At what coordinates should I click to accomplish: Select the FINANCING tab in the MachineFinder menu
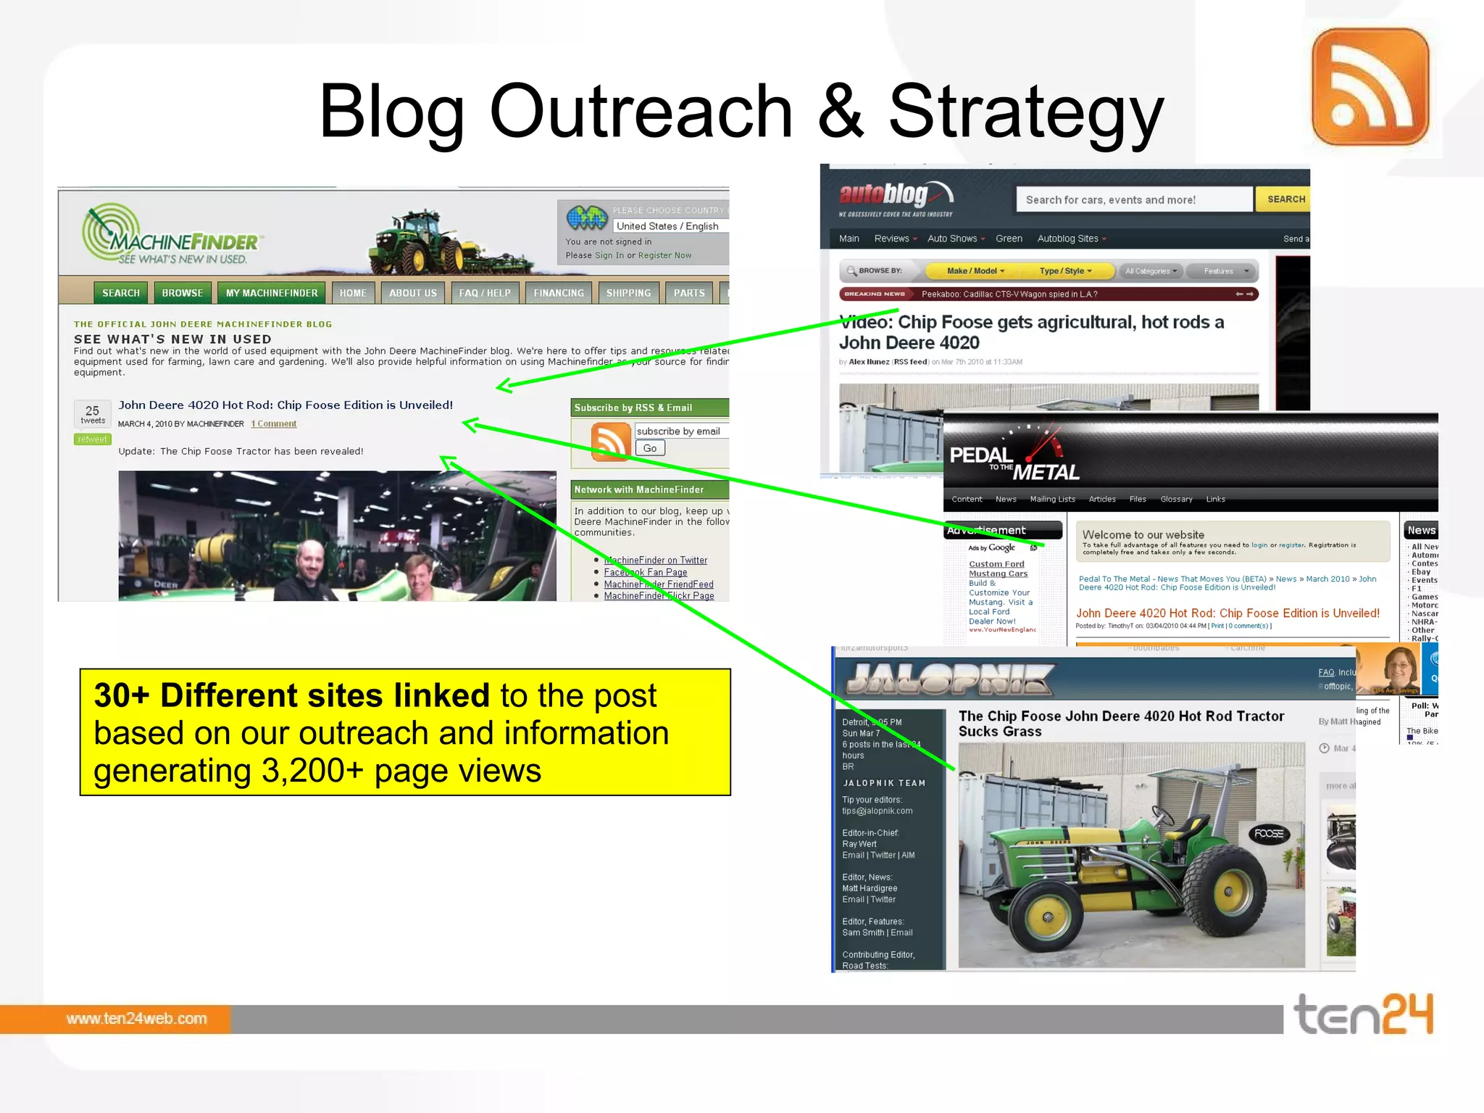coord(558,293)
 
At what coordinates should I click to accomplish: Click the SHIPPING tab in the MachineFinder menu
coord(628,293)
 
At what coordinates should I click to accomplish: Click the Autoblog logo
coord(896,197)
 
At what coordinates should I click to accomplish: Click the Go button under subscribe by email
coord(650,448)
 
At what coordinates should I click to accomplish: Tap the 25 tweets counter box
coord(93,414)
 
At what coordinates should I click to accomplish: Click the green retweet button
coord(92,439)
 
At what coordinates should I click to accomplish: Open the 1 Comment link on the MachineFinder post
coord(274,424)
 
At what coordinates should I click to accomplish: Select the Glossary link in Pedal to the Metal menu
coord(1175,499)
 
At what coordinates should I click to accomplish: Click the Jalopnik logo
coord(949,679)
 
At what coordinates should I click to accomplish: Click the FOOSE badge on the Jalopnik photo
coord(1268,834)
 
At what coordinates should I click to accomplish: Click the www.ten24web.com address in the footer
coord(136,1019)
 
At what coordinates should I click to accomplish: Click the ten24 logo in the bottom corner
coord(1363,1014)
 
